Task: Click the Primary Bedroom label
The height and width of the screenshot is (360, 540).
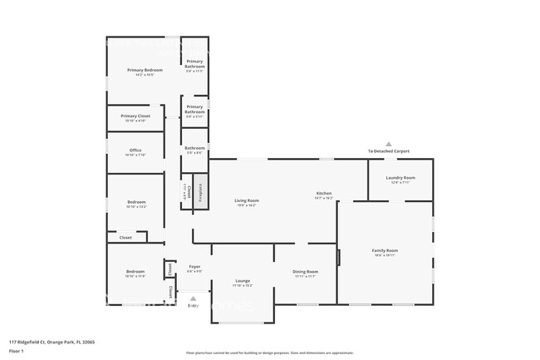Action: (145, 71)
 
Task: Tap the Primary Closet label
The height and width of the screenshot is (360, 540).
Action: (135, 116)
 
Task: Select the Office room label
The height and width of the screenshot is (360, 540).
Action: (135, 150)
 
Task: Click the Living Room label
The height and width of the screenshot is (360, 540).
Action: (246, 200)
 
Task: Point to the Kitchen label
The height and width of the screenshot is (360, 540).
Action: (323, 194)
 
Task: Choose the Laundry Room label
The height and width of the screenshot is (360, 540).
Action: (400, 178)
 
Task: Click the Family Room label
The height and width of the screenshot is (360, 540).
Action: (384, 250)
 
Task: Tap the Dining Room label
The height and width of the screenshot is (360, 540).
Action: (305, 272)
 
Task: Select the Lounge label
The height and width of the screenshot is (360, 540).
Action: (243, 281)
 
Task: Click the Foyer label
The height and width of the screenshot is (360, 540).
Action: (194, 267)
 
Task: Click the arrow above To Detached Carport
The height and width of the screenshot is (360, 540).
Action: (388, 143)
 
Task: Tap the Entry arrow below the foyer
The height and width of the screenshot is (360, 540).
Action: (193, 298)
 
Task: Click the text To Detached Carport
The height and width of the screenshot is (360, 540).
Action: (388, 151)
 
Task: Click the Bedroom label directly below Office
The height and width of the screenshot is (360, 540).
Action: (135, 202)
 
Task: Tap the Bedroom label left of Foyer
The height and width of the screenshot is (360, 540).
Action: (135, 272)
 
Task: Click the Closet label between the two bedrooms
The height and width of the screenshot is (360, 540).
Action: (125, 238)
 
